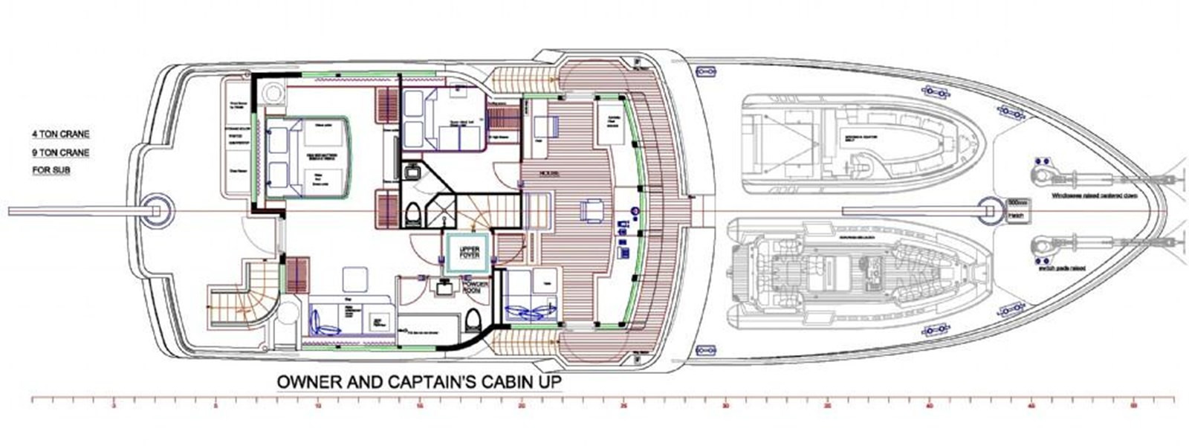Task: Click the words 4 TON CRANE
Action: [x=60, y=135]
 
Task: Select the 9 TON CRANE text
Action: [x=60, y=153]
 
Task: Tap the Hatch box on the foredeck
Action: [x=1016, y=216]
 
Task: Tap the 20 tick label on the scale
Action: [x=522, y=407]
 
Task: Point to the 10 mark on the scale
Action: [x=318, y=407]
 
